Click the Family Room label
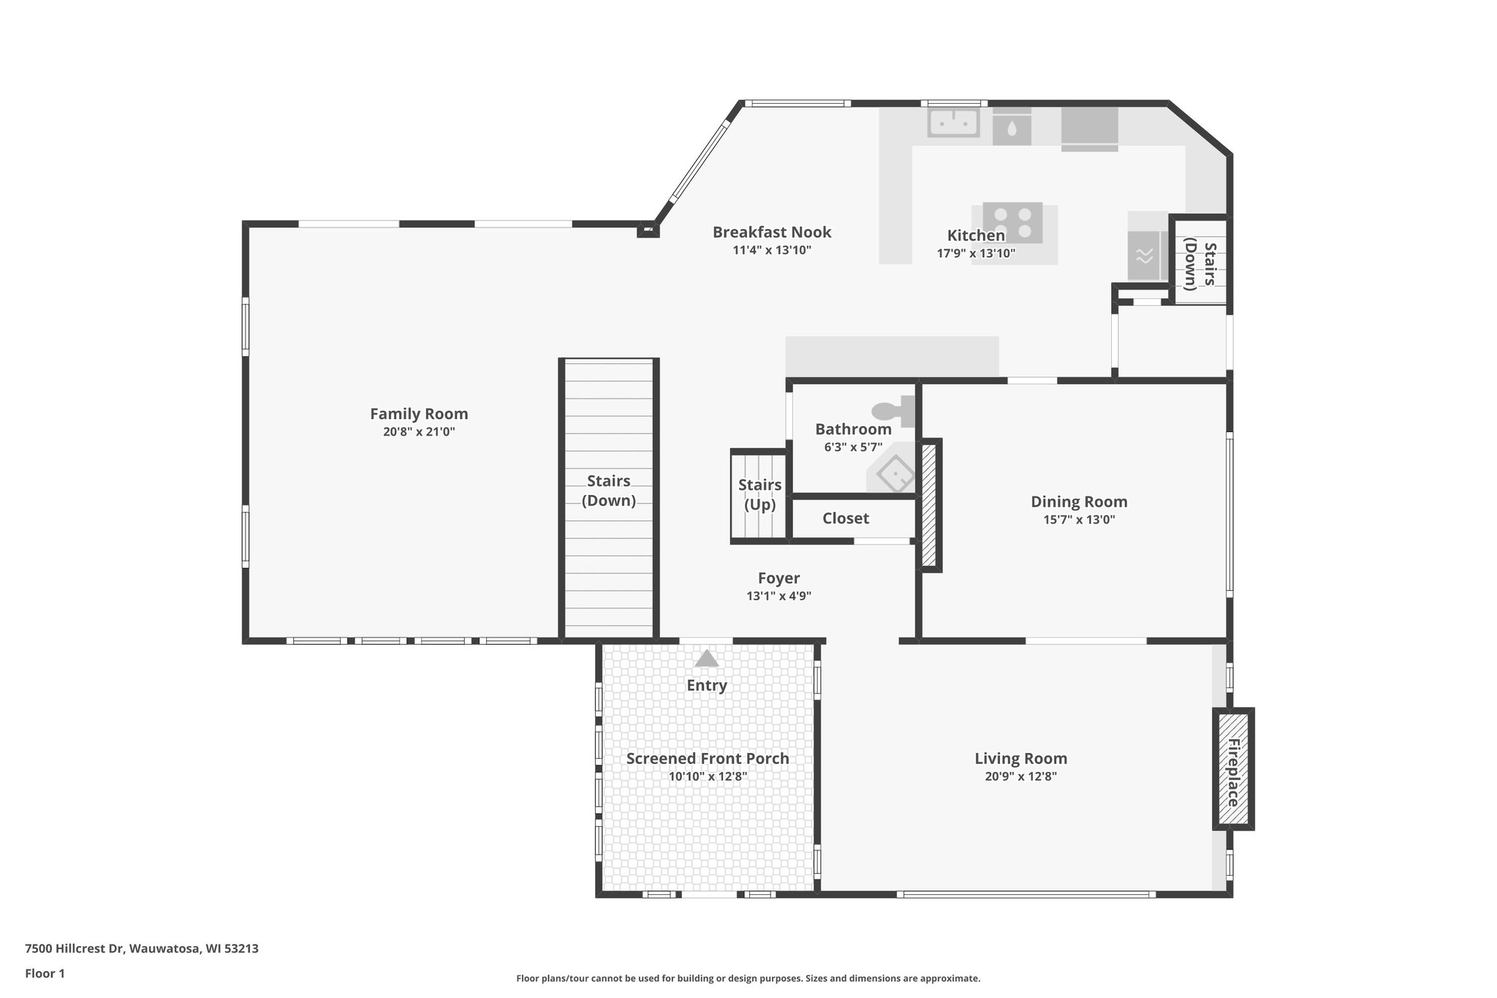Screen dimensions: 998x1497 419,414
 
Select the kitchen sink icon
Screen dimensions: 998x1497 953,123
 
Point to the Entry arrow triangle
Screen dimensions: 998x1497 706,659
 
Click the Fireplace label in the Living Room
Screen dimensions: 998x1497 1233,772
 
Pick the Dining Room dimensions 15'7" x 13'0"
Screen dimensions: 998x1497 1079,520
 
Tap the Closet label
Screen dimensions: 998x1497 846,518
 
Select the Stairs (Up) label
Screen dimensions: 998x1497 759,495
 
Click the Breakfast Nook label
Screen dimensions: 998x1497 772,233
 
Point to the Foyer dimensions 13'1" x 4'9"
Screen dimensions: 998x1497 778,596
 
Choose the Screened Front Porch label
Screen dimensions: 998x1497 708,759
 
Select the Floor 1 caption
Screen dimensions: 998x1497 45,973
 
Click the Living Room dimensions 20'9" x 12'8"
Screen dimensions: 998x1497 1020,776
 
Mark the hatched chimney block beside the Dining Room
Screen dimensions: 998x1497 929,504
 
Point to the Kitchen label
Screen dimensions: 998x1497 976,235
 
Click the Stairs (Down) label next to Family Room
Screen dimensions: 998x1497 608,491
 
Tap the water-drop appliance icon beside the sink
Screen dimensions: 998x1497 1012,129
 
